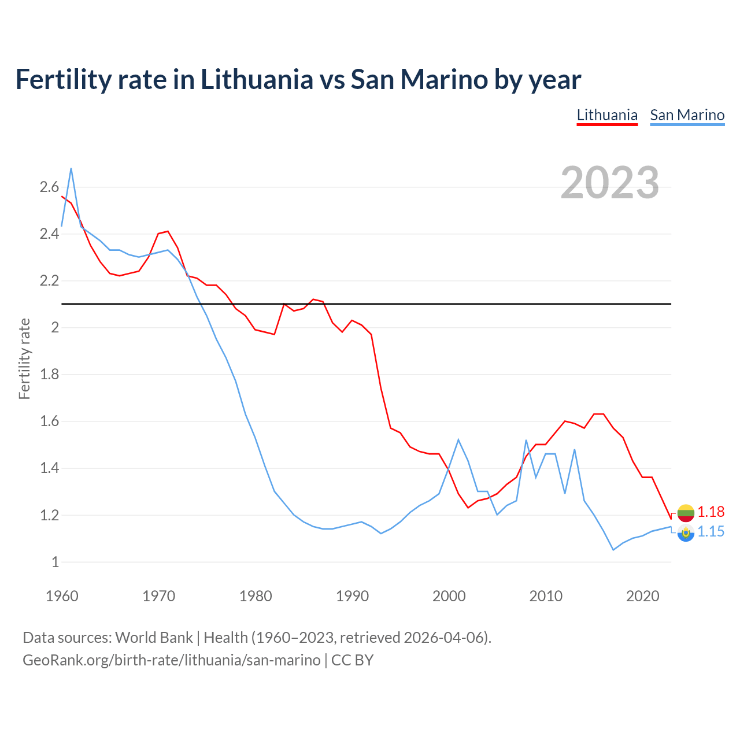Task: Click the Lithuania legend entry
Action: pos(607,115)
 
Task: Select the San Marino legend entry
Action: pos(687,115)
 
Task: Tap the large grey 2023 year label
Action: pos(610,183)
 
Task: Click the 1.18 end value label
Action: pos(711,512)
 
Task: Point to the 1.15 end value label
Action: pos(711,531)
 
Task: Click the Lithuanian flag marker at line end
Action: pos(686,513)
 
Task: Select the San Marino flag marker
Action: pos(686,533)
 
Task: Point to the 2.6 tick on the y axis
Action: pos(49,187)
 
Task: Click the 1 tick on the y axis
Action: pos(55,562)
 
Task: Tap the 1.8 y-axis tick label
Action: pos(49,374)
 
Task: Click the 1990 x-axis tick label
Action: pos(352,596)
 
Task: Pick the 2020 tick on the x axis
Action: pos(642,596)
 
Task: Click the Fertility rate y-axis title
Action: pos(24,358)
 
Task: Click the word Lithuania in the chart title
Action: pos(257,79)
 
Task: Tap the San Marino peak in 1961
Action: pos(71,169)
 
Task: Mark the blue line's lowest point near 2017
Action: pos(613,550)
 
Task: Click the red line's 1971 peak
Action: pos(168,231)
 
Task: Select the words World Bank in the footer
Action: pos(154,638)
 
